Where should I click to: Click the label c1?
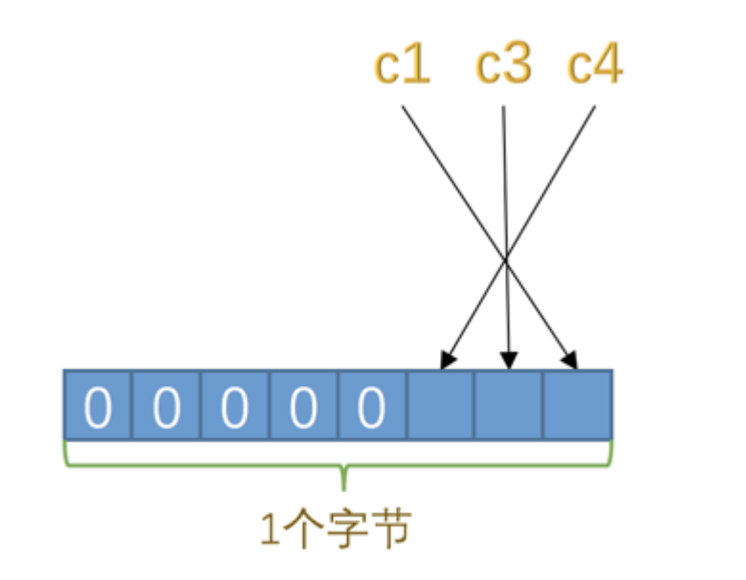click(x=402, y=66)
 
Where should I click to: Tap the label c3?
click(x=504, y=66)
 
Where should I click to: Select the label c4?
click(x=595, y=66)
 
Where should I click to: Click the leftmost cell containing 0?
click(x=98, y=406)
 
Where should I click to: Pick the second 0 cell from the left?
click(x=166, y=406)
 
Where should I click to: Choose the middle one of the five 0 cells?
click(x=235, y=406)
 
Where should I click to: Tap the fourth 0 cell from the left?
click(x=303, y=406)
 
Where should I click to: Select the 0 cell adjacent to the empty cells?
click(x=372, y=406)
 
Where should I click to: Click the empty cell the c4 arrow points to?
click(x=441, y=406)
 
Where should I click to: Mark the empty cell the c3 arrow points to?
click(x=509, y=406)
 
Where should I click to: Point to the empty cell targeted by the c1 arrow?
click(x=578, y=406)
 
